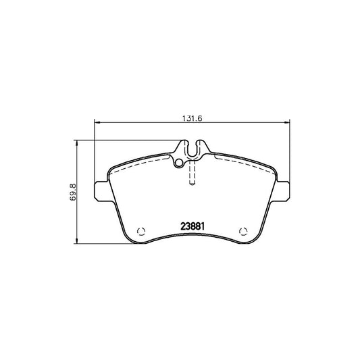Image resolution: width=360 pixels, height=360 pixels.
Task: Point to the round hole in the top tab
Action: point(178,163)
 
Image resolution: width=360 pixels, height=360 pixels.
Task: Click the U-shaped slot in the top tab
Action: point(193,150)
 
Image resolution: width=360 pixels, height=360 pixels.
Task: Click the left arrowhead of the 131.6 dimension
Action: point(96,122)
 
